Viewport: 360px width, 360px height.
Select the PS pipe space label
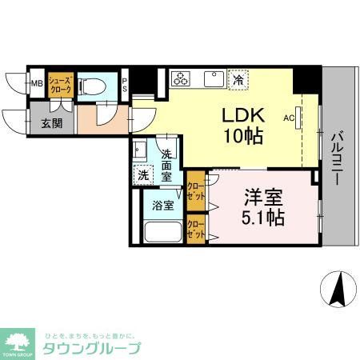(x=125, y=84)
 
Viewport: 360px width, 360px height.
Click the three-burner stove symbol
(x=182, y=78)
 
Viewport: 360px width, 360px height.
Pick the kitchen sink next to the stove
(x=213, y=78)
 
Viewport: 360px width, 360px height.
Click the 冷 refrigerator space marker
(x=238, y=78)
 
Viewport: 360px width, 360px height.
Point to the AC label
(x=289, y=116)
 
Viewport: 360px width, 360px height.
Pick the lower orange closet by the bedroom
(x=195, y=229)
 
